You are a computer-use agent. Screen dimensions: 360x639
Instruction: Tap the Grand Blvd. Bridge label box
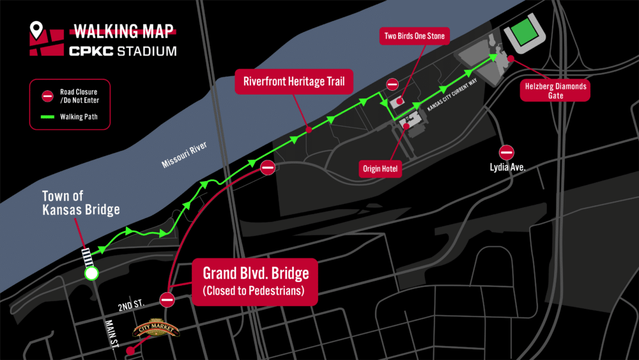click(x=256, y=281)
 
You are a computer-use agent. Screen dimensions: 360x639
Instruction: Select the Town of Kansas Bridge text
click(x=81, y=203)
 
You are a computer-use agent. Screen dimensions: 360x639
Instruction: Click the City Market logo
click(x=157, y=329)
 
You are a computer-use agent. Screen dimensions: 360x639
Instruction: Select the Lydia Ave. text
click(x=507, y=170)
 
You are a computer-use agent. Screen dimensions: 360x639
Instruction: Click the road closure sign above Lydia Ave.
click(x=507, y=152)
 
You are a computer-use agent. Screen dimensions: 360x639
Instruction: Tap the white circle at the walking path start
click(x=91, y=274)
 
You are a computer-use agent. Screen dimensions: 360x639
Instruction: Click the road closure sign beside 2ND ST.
click(x=167, y=299)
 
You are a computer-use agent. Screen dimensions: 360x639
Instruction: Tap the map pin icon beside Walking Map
click(x=37, y=29)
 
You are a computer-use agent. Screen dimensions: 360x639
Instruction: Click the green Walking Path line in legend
click(x=47, y=117)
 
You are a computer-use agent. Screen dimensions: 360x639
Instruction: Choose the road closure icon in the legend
click(x=47, y=96)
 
